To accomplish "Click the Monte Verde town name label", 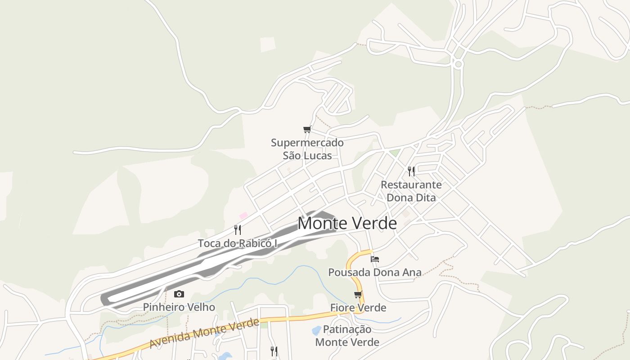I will (x=347, y=223).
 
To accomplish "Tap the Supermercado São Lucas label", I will (x=307, y=149).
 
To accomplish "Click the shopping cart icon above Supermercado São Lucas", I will (x=307, y=130).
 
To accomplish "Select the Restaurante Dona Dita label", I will (x=411, y=191).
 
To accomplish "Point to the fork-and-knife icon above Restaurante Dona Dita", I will (x=411, y=171).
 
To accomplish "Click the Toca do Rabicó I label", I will (x=238, y=243).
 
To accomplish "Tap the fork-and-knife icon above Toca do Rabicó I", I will (x=238, y=230).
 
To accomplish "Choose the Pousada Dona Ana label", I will (x=375, y=272).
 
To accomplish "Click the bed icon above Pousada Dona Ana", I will (x=375, y=259).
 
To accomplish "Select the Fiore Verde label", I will (x=358, y=308).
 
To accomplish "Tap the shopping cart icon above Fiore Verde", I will (x=358, y=295).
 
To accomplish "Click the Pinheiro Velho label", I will (x=179, y=307).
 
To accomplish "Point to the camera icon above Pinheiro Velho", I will (x=179, y=294).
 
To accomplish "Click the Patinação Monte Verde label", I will (x=347, y=336).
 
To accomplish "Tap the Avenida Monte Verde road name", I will (x=205, y=333).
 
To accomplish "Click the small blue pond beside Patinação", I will (x=317, y=331).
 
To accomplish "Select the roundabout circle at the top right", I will (x=458, y=64).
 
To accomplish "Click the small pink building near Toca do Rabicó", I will (x=243, y=216).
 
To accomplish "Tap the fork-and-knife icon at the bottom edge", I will (x=274, y=351).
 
